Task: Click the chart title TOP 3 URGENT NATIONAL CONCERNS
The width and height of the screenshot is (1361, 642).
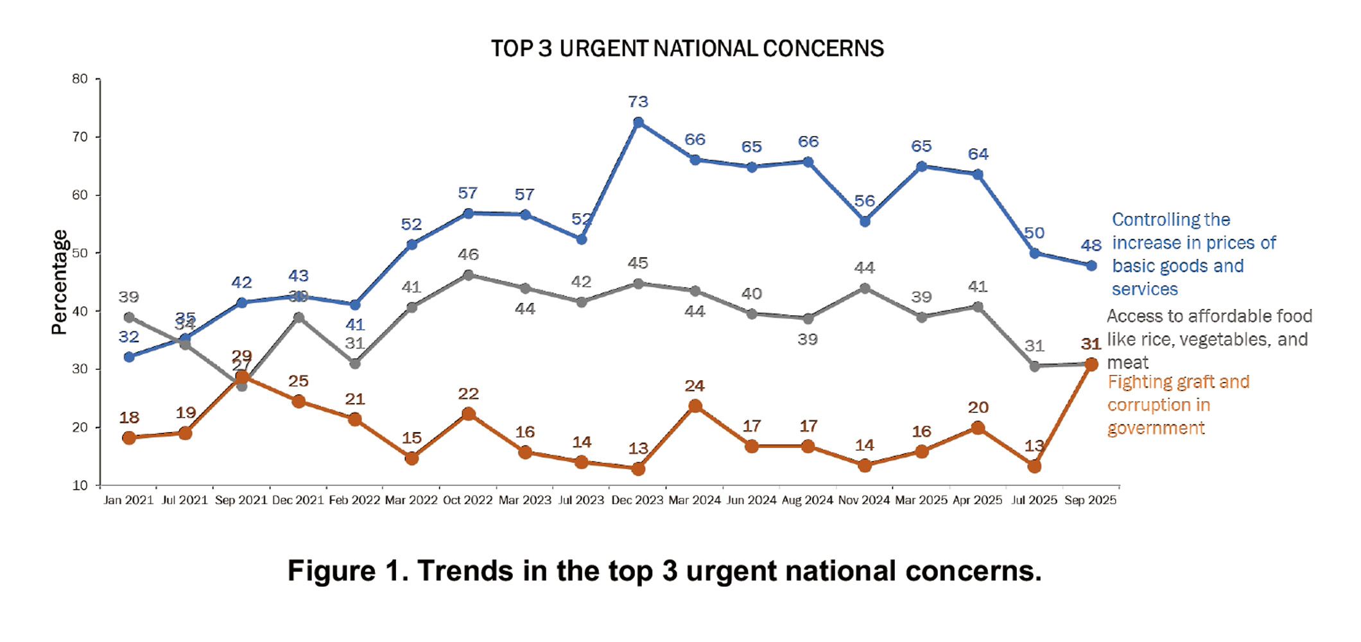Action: (687, 49)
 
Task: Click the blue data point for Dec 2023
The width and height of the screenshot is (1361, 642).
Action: (638, 122)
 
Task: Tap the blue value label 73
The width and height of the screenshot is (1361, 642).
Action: (638, 101)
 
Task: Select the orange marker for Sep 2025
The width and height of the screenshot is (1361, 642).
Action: (1091, 364)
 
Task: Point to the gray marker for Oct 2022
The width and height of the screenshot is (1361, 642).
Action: (468, 275)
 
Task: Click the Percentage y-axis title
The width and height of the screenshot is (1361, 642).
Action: (59, 282)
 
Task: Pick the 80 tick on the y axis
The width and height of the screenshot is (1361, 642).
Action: (80, 79)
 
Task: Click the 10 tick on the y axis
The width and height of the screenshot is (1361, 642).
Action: (80, 485)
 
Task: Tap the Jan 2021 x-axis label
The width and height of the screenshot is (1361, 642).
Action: (128, 500)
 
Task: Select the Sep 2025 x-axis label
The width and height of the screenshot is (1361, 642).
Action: (1090, 500)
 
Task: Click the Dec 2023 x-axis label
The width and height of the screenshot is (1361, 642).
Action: (637, 500)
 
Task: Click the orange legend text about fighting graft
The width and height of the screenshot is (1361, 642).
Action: (1177, 405)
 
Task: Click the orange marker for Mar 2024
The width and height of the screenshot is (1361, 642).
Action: (695, 406)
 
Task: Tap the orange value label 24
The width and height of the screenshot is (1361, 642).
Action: (695, 386)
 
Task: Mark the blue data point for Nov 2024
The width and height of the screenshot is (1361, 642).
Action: (865, 221)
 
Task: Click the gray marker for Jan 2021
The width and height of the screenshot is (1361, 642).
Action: (129, 317)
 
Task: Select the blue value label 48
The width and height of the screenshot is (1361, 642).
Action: (1091, 245)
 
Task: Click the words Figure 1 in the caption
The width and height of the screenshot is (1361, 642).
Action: (347, 571)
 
